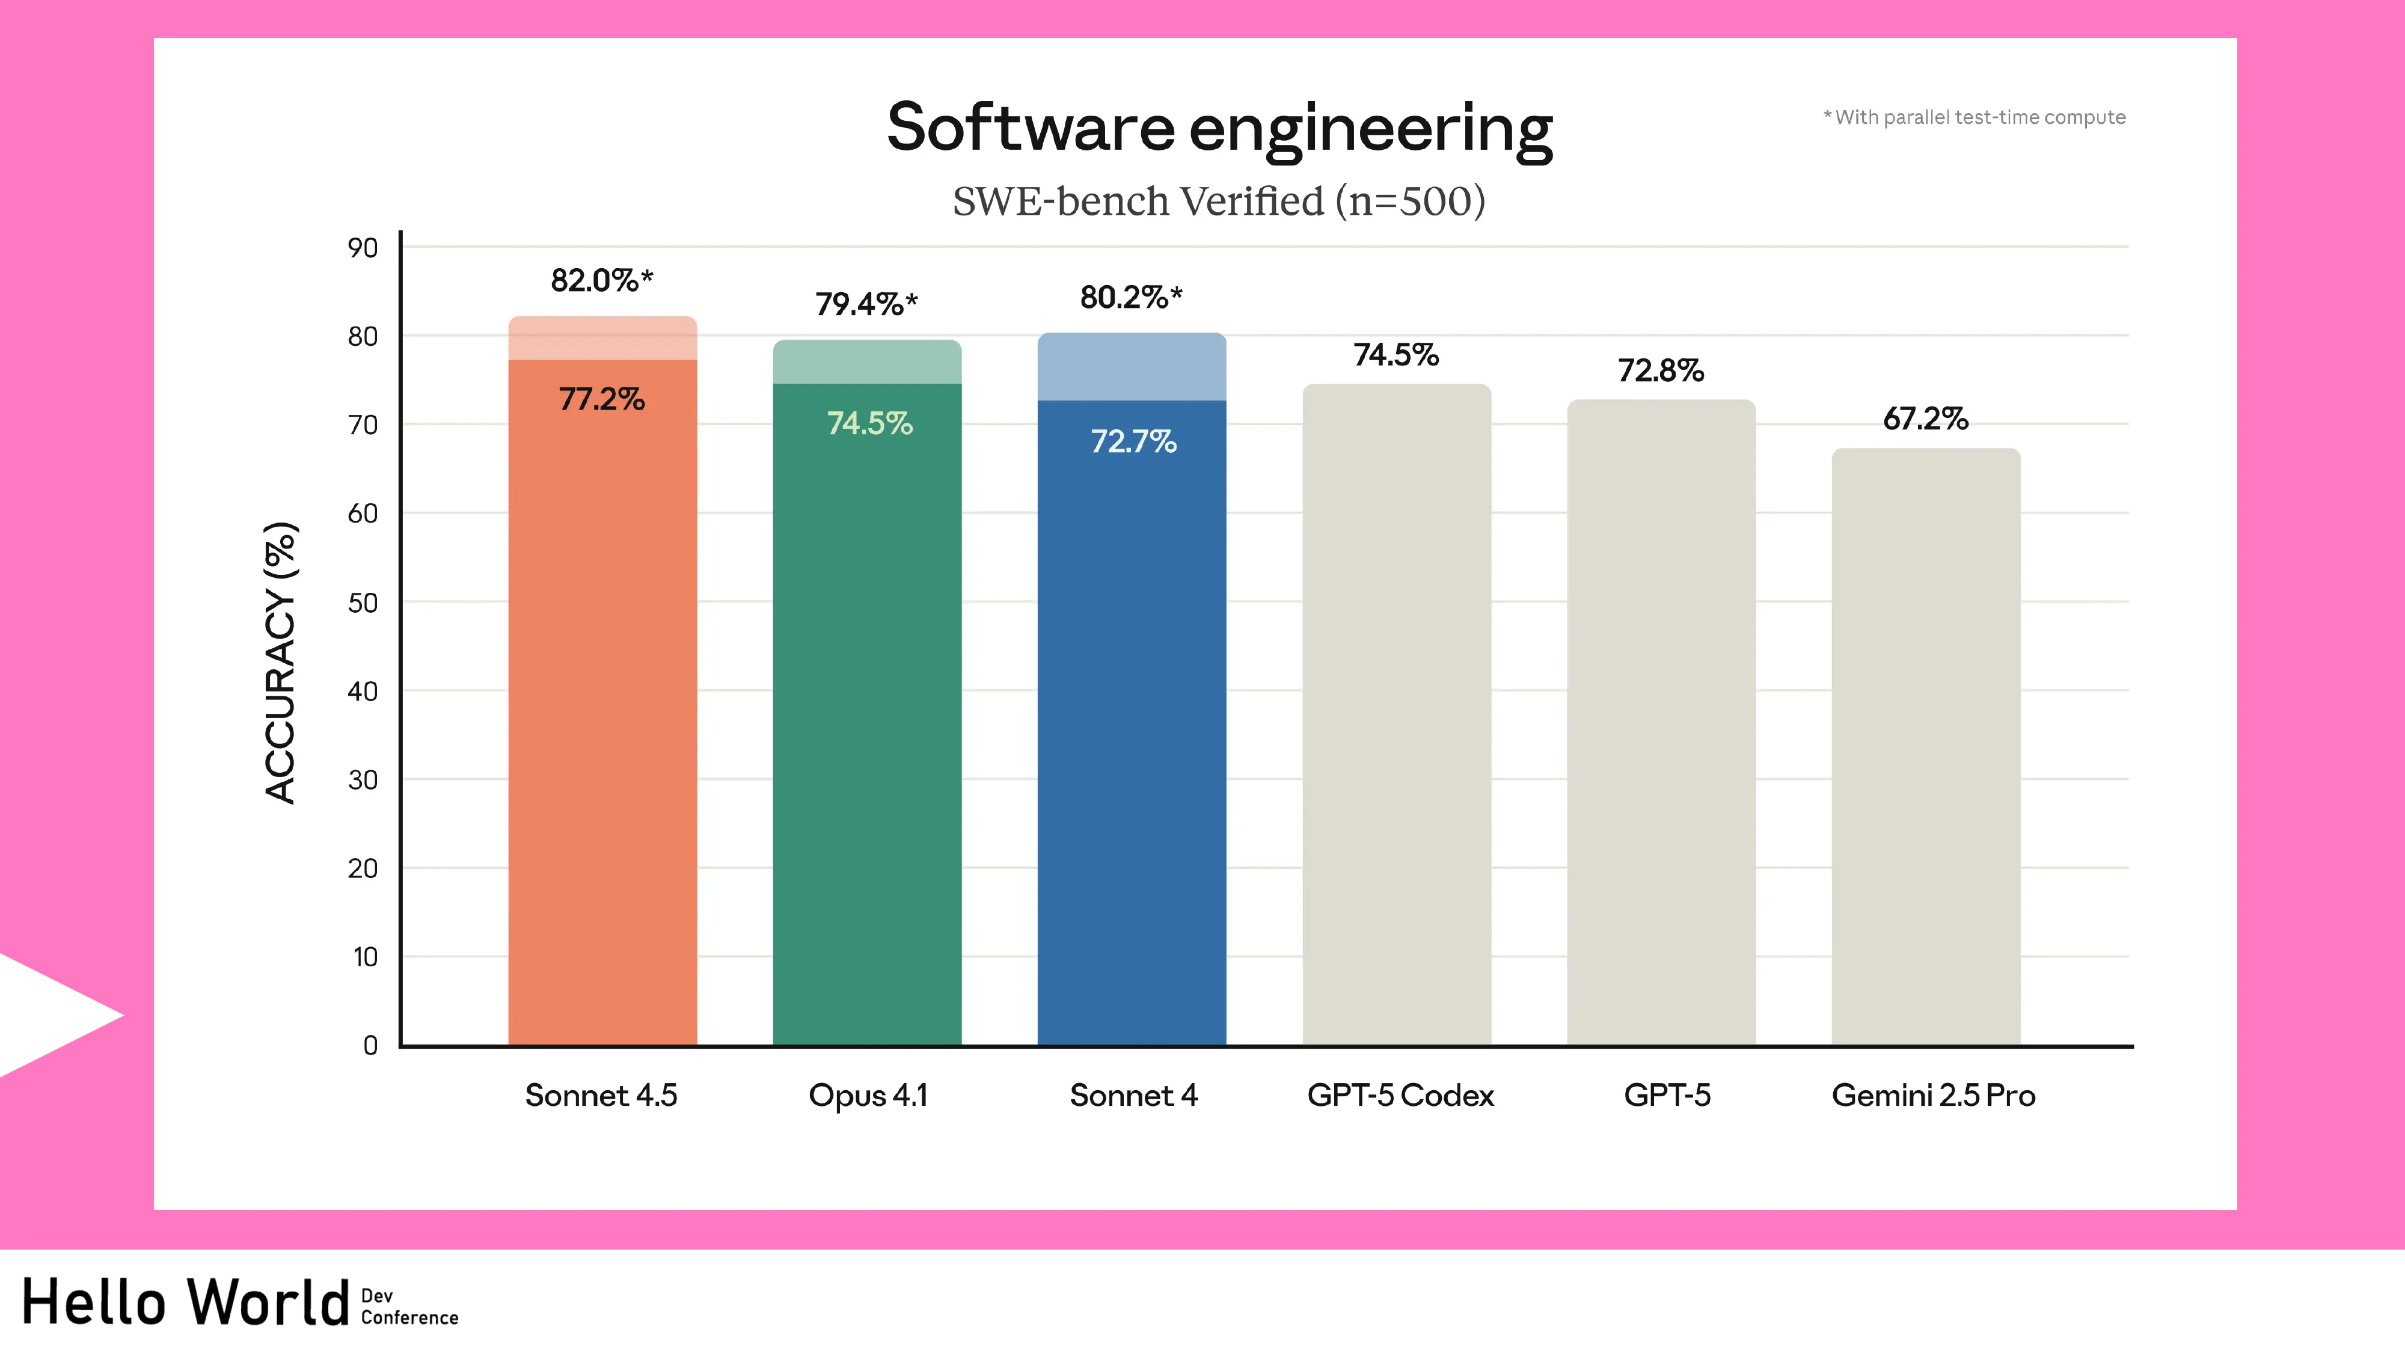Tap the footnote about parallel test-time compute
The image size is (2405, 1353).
1974,118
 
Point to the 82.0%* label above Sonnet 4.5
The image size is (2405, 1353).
601,280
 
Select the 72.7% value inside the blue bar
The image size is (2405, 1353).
1133,441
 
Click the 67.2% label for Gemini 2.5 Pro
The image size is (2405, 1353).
1925,419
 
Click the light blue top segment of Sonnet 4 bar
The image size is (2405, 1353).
1132,367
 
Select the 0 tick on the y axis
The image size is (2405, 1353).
370,1046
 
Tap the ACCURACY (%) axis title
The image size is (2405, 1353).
280,663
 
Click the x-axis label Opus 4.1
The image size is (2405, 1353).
868,1095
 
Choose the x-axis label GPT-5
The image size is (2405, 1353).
1667,1095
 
